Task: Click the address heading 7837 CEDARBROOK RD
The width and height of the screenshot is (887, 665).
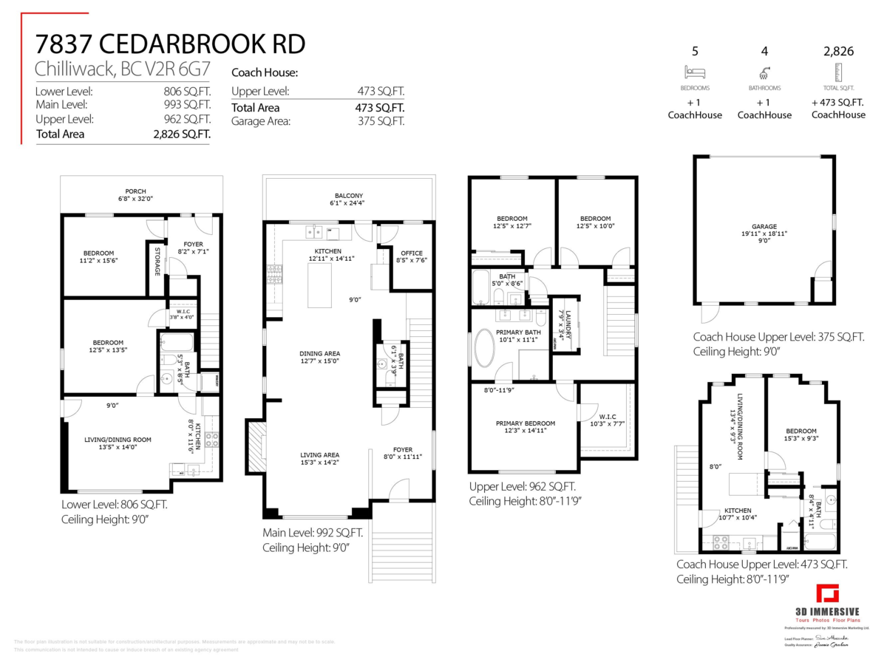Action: pos(170,44)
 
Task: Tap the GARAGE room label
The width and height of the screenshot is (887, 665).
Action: pos(764,227)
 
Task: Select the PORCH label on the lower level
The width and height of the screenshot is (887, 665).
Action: pos(135,191)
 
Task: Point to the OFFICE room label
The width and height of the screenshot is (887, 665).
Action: pos(412,252)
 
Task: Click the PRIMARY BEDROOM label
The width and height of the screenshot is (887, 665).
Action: pos(525,423)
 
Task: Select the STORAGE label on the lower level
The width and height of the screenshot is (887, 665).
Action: pos(157,260)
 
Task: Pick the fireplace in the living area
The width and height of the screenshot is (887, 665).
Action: pos(256,448)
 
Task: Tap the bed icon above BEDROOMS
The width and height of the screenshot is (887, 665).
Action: pos(695,72)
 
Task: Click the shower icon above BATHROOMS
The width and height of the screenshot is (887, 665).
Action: pos(764,72)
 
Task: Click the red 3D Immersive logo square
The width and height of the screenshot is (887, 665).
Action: pos(827,593)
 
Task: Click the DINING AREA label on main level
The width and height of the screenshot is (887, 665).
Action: pos(319,353)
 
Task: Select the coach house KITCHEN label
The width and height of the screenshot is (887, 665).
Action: pos(737,511)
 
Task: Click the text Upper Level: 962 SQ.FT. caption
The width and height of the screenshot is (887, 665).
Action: pos(522,487)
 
